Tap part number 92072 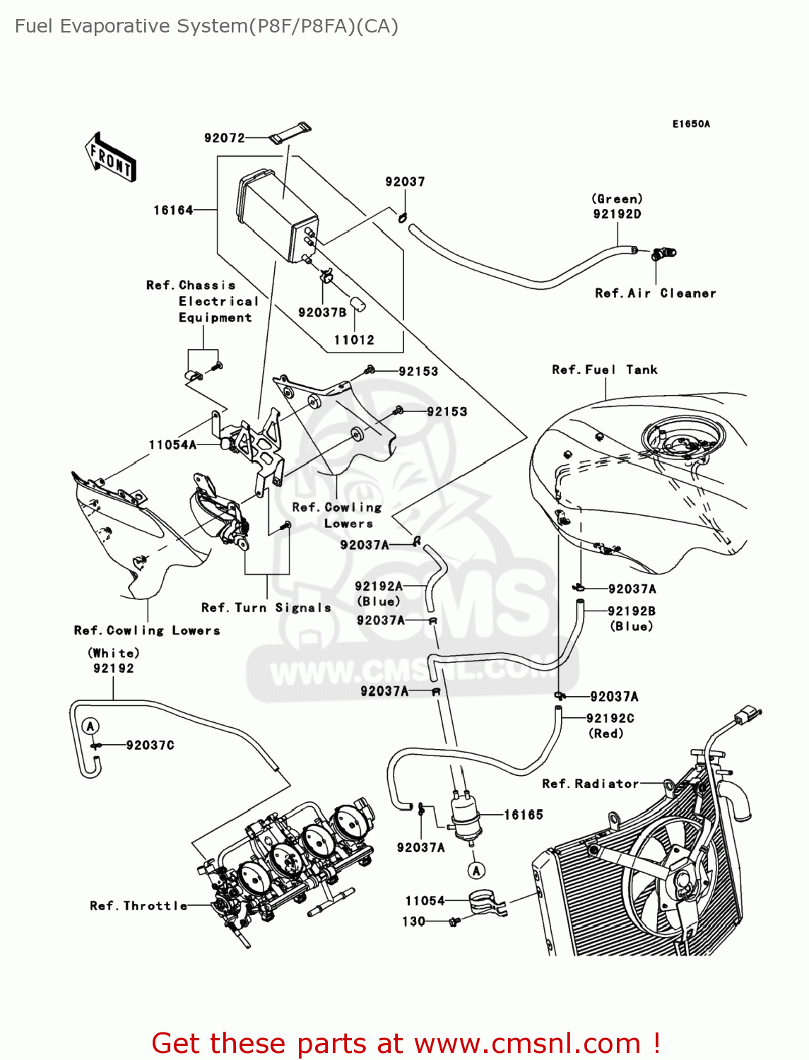[x=224, y=138]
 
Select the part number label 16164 [x=173, y=210]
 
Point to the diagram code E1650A [x=690, y=124]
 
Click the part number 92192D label [x=617, y=214]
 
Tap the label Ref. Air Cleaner [x=655, y=293]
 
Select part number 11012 [x=354, y=340]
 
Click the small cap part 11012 [x=357, y=305]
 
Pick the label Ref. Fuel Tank [x=604, y=370]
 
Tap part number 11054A [x=172, y=445]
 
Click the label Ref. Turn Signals [x=266, y=608]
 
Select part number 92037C [x=150, y=745]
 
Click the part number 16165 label [x=523, y=815]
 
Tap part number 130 [x=413, y=921]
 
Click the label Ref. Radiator [x=590, y=784]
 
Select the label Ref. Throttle [x=138, y=906]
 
